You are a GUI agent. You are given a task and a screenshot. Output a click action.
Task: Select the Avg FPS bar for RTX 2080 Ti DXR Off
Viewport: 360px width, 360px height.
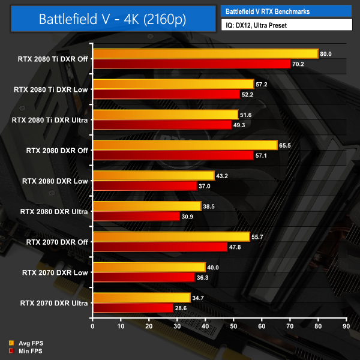205,54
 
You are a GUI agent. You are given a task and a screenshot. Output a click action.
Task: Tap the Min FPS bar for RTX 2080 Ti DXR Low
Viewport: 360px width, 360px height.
166,94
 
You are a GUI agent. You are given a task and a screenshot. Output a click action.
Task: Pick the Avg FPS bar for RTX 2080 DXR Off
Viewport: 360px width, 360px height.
185,145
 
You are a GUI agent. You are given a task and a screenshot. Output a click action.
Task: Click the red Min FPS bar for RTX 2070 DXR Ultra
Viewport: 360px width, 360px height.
133,308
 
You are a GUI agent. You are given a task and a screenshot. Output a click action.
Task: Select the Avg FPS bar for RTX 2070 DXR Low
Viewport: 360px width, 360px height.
149,267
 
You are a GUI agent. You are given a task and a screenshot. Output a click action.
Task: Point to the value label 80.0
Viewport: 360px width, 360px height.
326,54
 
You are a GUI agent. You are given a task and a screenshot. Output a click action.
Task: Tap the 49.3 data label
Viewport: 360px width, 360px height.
239,125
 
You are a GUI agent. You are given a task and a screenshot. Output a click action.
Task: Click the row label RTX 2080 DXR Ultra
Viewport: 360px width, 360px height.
55,211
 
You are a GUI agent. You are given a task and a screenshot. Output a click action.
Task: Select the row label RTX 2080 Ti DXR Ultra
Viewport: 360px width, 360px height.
50,120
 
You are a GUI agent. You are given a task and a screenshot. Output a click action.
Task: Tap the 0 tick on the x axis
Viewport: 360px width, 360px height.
92,327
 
